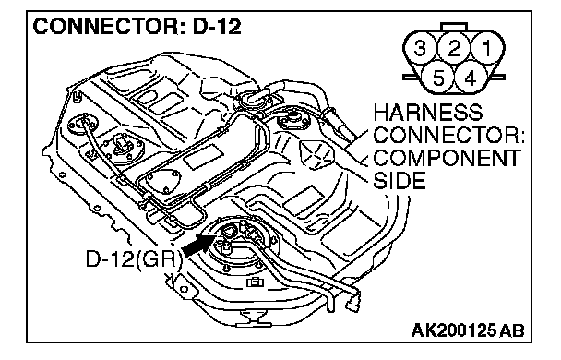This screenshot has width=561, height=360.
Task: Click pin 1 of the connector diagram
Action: (x=487, y=48)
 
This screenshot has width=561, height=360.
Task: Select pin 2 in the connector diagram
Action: (x=454, y=48)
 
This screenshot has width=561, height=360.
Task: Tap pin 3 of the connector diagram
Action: (x=421, y=48)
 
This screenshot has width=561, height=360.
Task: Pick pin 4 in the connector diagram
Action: (x=471, y=78)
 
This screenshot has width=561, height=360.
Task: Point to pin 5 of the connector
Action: (x=438, y=78)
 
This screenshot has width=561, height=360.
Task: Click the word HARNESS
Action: (x=428, y=113)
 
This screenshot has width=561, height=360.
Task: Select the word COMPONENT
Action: (x=448, y=158)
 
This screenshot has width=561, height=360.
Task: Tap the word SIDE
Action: (x=400, y=181)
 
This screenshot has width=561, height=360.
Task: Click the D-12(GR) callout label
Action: (x=132, y=258)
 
